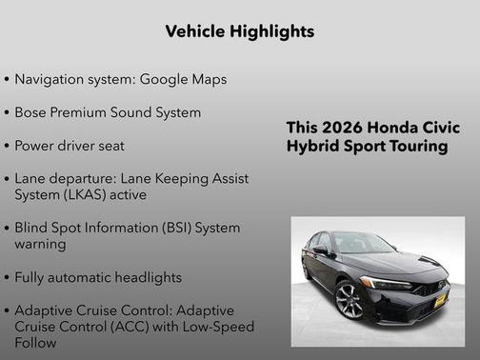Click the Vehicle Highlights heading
pos(239,31)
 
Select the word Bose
pos(32,112)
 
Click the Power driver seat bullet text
pos(70,146)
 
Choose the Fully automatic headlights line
pos(98,278)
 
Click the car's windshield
pos(363,244)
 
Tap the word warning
pos(40,244)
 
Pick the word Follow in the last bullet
pos(37,343)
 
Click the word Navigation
pos(51,79)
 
